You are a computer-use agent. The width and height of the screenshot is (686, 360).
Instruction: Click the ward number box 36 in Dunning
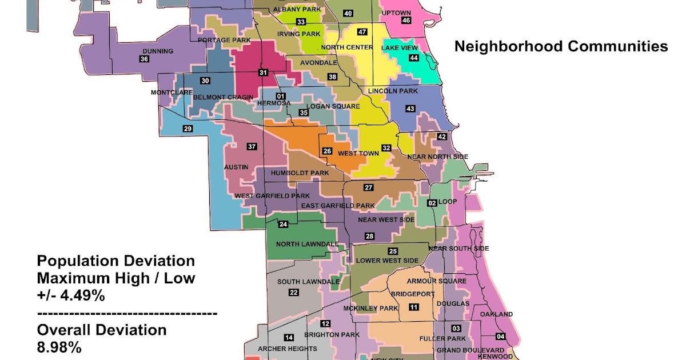click(x=144, y=59)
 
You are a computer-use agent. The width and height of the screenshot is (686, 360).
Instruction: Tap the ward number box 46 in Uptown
click(x=406, y=21)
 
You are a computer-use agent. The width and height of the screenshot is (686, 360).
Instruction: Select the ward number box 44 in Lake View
click(x=413, y=58)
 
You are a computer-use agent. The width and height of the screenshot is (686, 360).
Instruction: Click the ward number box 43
click(x=410, y=109)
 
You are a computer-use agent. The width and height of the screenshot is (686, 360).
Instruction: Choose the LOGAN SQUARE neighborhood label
click(x=333, y=106)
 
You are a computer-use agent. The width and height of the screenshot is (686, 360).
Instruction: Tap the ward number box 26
click(x=327, y=151)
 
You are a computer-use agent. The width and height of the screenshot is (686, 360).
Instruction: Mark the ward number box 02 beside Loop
click(x=432, y=202)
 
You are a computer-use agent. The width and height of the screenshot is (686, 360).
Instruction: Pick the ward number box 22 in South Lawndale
click(x=294, y=293)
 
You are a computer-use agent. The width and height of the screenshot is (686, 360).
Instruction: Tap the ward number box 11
click(x=413, y=307)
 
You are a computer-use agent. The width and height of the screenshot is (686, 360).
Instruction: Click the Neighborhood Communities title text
click(x=561, y=47)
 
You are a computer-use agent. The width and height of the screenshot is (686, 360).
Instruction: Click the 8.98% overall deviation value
click(x=59, y=347)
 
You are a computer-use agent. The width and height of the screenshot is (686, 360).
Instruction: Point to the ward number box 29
click(x=188, y=129)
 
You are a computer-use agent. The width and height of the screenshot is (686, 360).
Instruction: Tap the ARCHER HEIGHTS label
click(x=288, y=349)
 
